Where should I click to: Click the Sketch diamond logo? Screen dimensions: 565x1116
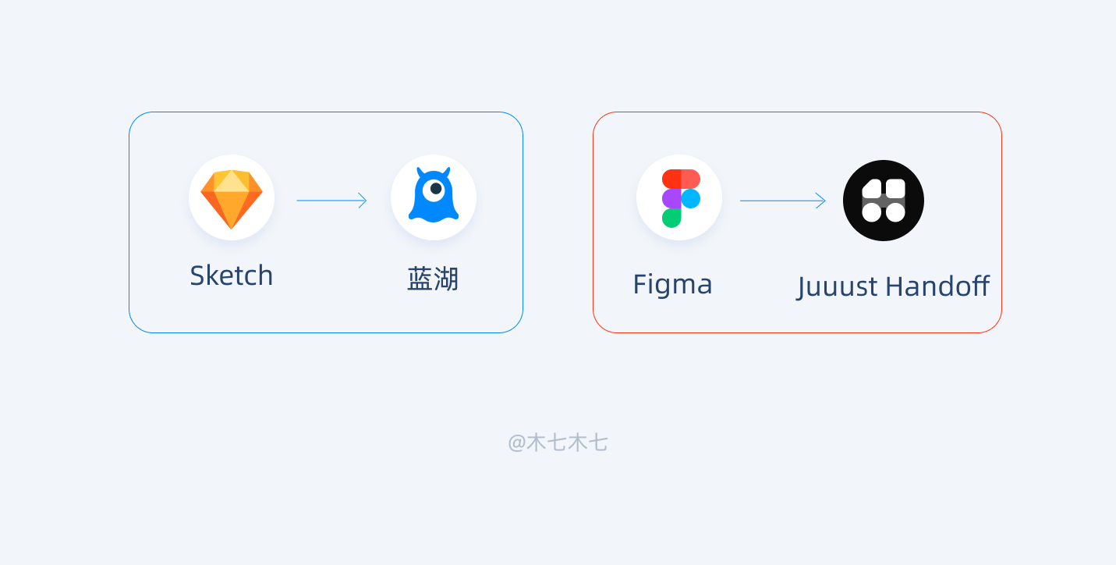coord(232,198)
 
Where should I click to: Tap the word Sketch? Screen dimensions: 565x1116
coord(232,275)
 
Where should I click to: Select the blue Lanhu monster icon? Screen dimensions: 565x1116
coord(434,197)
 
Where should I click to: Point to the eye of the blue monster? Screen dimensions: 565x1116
coord(435,189)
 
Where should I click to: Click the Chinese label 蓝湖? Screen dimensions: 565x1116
coord(433,279)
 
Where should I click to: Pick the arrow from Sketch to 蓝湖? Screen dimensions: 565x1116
coord(331,201)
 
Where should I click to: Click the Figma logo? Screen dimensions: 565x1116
coord(680,198)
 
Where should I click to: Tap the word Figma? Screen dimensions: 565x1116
coord(672,284)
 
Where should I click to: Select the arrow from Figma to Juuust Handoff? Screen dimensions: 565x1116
coord(782,201)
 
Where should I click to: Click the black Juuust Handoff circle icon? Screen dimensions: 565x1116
coord(884,201)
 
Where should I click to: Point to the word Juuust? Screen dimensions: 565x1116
coord(838,287)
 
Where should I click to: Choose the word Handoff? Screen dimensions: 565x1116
coord(937,286)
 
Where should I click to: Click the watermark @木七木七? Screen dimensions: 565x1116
coord(558,443)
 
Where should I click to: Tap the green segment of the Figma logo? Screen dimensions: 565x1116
coord(671,218)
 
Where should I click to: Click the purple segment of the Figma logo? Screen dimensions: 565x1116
coord(671,198)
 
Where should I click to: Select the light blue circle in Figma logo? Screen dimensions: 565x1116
coord(690,198)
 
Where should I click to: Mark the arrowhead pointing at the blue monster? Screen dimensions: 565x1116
coord(363,201)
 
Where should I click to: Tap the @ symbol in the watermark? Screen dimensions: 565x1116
coord(516,443)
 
